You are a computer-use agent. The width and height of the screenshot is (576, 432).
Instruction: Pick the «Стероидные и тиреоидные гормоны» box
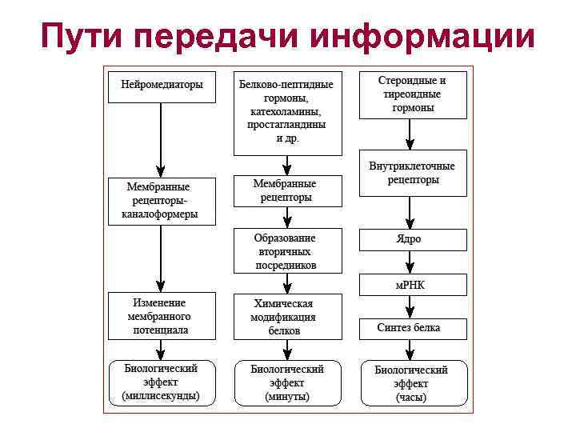pos(412,94)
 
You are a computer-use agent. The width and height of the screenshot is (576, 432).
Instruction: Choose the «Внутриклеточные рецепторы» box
pos(412,173)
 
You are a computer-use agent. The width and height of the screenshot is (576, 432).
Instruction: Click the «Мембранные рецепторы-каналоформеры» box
pos(162,200)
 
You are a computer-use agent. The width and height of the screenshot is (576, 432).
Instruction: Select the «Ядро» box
pos(412,239)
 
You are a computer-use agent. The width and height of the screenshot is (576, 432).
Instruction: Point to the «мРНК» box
pos(412,284)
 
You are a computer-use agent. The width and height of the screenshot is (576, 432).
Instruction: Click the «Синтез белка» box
pos(412,328)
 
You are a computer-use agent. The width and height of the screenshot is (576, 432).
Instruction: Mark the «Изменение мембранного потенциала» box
pos(162,316)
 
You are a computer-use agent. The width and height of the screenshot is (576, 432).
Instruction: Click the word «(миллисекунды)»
pos(162,396)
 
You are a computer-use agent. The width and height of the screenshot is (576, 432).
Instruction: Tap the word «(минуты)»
pos(287,397)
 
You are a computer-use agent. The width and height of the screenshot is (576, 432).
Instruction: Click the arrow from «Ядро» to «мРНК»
pos(410,262)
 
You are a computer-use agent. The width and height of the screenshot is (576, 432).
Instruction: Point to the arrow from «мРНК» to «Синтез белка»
pos(410,306)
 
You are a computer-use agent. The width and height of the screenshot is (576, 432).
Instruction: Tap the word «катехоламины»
pos(285,111)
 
